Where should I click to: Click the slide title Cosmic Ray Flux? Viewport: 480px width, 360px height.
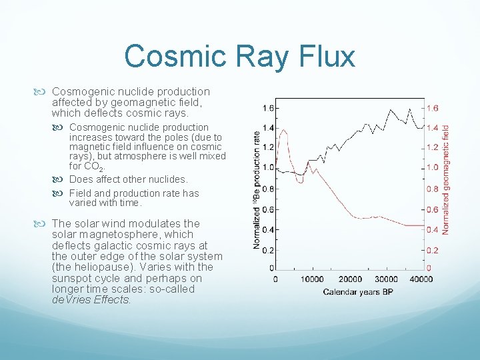coord(239,56)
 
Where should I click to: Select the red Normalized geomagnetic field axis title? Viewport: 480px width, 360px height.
coord(446,179)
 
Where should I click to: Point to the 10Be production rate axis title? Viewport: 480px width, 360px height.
coord(257,190)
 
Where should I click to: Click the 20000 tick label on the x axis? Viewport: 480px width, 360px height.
coord(350,279)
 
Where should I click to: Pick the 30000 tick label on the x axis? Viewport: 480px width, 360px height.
coord(387,279)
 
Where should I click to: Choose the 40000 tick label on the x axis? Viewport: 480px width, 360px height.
coord(421,279)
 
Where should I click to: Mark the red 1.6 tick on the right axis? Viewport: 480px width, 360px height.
coord(433,108)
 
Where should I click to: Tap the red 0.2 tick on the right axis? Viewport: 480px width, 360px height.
coord(433,251)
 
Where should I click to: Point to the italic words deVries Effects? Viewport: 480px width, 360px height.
coord(91,300)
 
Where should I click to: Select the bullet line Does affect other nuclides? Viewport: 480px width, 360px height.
coord(129,179)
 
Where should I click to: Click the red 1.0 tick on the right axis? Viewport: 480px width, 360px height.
coord(433,167)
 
